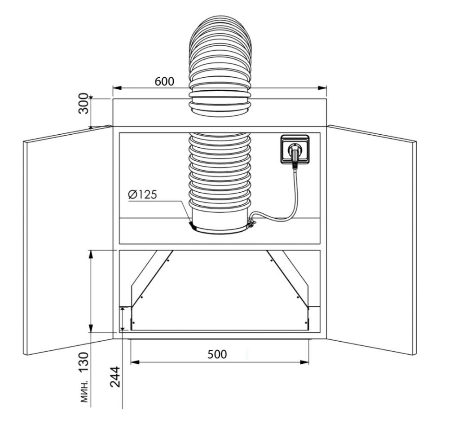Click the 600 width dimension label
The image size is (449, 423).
164,81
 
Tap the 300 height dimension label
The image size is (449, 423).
84,103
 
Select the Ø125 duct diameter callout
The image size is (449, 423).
143,195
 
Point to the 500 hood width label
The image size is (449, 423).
217,354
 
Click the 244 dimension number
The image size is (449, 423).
115,377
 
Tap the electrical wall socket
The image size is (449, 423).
295,149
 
